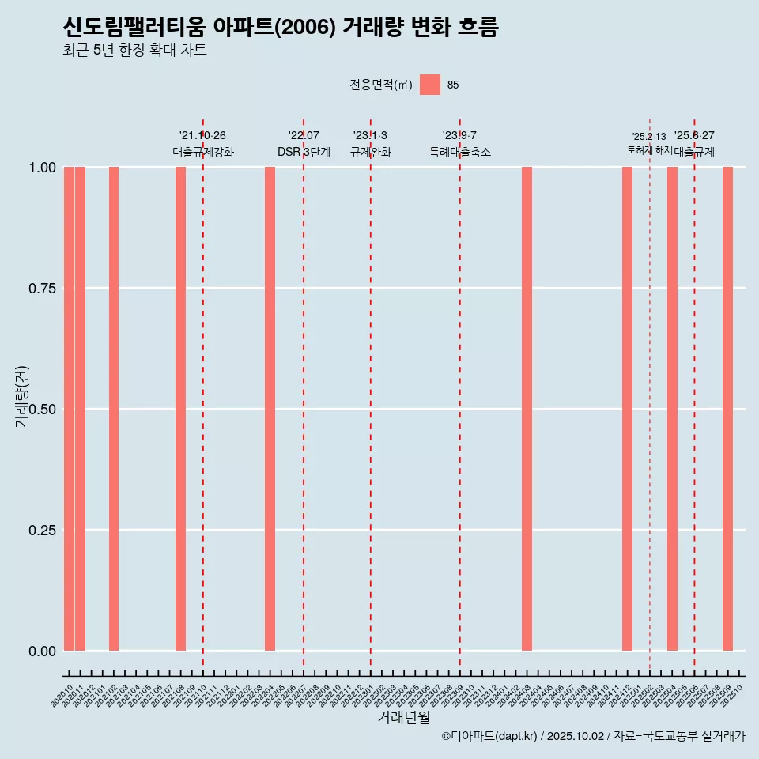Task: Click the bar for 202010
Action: pos(69,409)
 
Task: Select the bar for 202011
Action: pos(80,409)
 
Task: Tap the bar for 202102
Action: pos(114,409)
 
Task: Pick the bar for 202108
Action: pos(180,409)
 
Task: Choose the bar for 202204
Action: pos(270,409)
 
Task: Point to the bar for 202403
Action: pos(527,409)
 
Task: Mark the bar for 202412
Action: pos(627,409)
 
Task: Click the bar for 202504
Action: pos(672,409)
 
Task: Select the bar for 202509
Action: pos(727,409)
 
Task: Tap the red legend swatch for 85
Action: pos(429,85)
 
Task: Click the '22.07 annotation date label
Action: pos(304,136)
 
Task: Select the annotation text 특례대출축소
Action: pos(459,152)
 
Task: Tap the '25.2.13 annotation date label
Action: pos(649,137)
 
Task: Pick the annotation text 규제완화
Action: pos(370,152)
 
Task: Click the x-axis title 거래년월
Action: pos(404,718)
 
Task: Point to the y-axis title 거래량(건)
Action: pos(21,396)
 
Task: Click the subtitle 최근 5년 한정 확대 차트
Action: pos(134,51)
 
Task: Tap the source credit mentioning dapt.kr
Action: pos(593,737)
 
